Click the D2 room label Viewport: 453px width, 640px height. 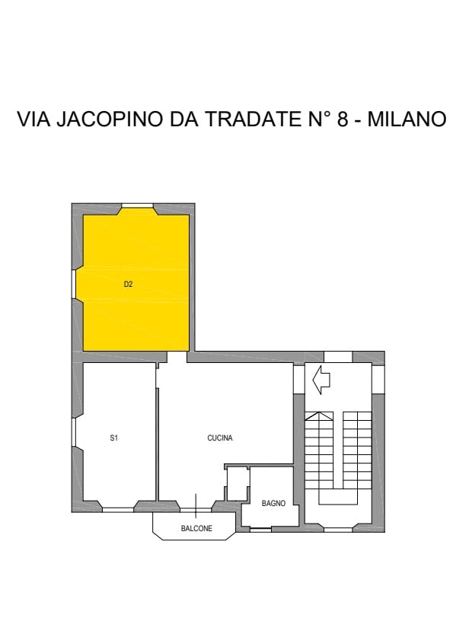[x=128, y=284]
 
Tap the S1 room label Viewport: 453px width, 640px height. [x=114, y=438]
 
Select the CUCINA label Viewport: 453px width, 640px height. [x=220, y=438]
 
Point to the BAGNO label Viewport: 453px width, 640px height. [x=273, y=503]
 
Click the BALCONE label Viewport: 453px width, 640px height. [x=196, y=528]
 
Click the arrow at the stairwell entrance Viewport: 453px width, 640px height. [x=321, y=380]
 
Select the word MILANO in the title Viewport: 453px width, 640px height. [x=407, y=119]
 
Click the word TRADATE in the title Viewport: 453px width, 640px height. [x=251, y=119]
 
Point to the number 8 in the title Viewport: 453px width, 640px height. [x=343, y=119]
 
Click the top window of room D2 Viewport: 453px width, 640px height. [x=138, y=205]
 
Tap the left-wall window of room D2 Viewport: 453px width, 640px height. [x=74, y=285]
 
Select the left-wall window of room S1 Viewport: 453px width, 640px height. [x=74, y=433]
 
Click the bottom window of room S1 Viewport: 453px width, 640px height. [x=118, y=510]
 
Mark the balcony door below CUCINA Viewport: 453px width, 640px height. [x=196, y=509]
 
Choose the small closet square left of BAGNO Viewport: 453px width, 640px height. [x=238, y=485]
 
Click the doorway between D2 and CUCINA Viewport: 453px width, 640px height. [x=177, y=357]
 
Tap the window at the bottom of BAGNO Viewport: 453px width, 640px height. [x=260, y=530]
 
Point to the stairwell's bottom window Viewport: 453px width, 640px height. [x=338, y=530]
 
